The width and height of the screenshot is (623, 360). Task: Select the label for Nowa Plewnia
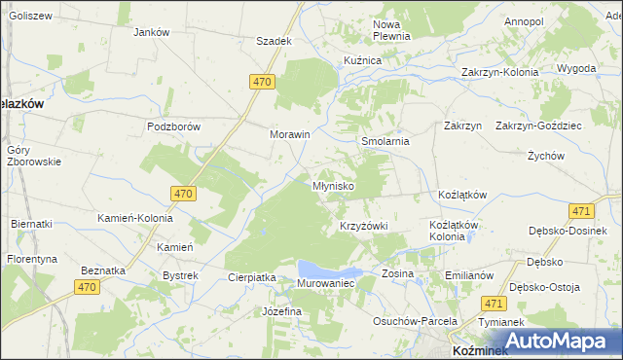tap(392, 29)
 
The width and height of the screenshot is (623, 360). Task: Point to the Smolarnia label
tap(385, 141)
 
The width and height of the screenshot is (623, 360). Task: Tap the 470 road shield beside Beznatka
tap(88, 286)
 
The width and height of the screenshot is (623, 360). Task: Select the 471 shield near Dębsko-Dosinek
tap(581, 211)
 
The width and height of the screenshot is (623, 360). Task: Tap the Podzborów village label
tap(172, 126)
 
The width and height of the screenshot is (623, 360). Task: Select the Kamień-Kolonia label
tap(135, 218)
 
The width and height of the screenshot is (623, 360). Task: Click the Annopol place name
tap(524, 20)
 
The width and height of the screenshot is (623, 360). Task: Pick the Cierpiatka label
tap(252, 277)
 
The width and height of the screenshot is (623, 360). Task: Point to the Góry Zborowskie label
tap(33, 156)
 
